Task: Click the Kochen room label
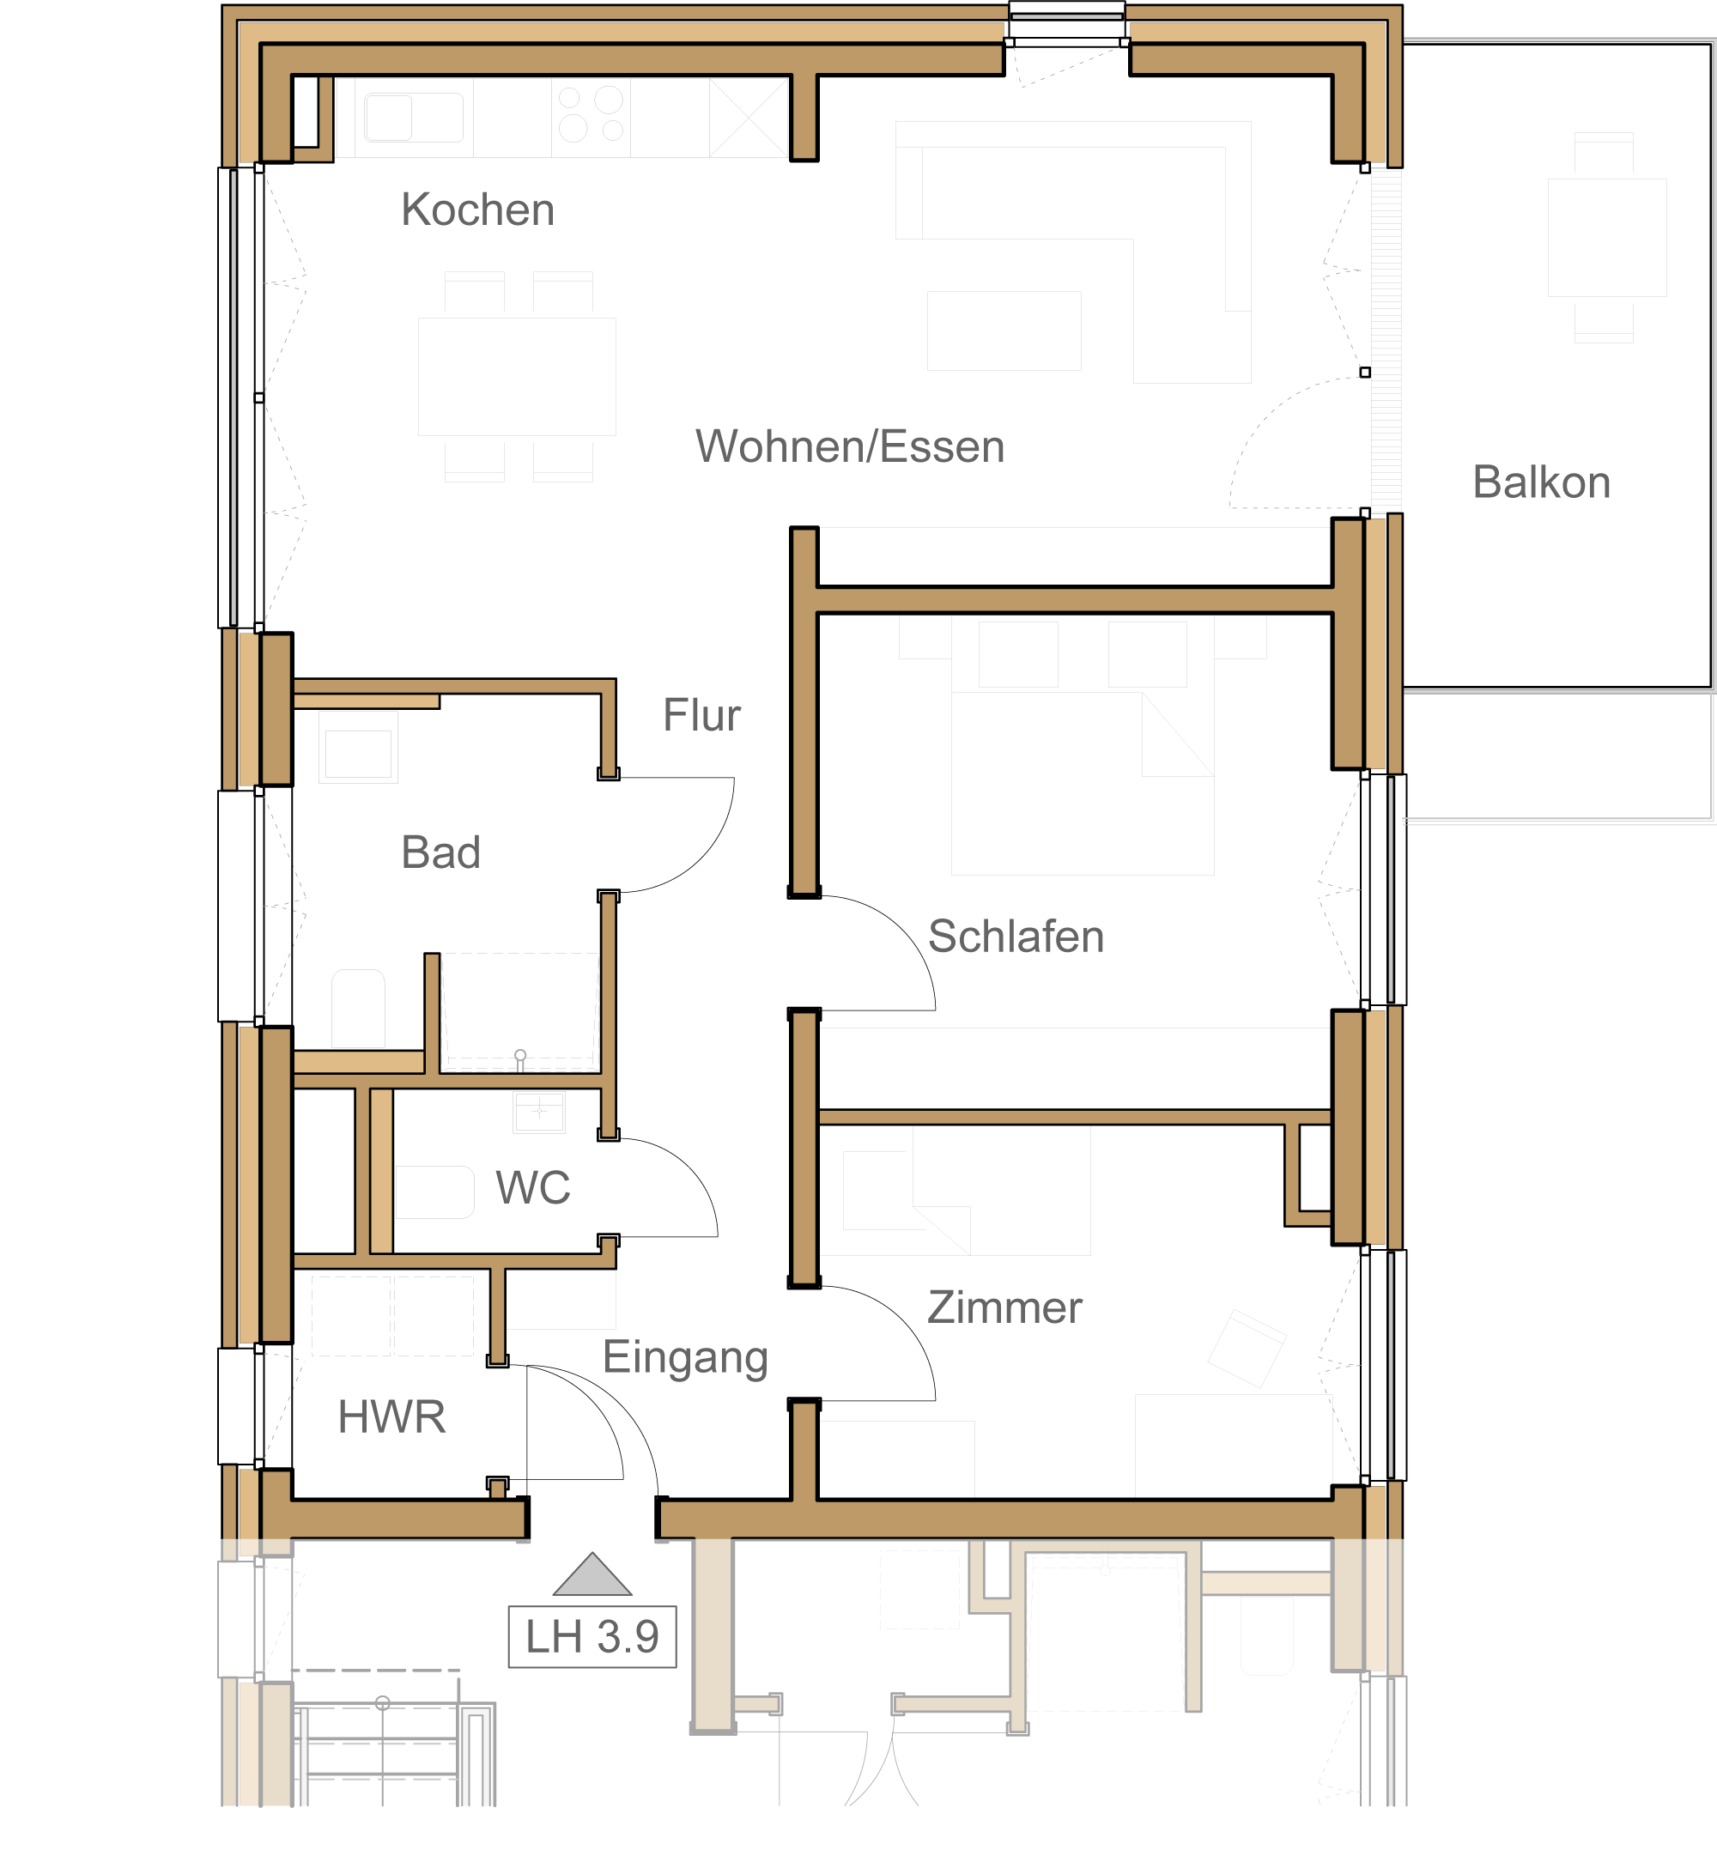click(x=478, y=210)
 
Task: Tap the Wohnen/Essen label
click(x=850, y=447)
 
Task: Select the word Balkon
click(x=1541, y=482)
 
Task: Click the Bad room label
click(x=440, y=852)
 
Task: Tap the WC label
click(x=532, y=1188)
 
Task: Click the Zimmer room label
click(x=1005, y=1308)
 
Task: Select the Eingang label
click(x=685, y=1359)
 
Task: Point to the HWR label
click(x=391, y=1417)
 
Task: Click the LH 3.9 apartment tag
click(x=592, y=1637)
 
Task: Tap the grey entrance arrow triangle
click(x=592, y=1574)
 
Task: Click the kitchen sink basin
click(x=414, y=117)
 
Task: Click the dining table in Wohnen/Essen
click(x=517, y=377)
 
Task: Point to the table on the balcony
click(x=1606, y=237)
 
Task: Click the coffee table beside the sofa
click(x=1004, y=331)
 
